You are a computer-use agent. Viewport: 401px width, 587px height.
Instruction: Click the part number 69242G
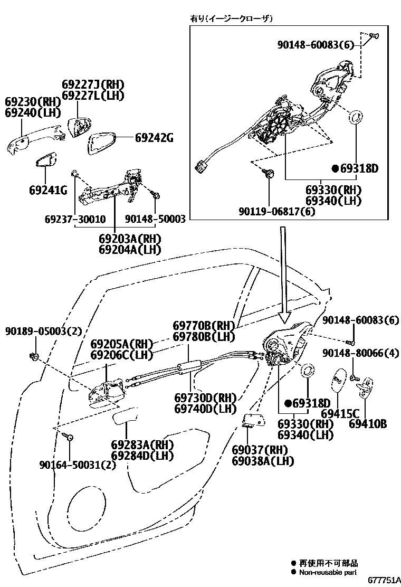[x=154, y=138]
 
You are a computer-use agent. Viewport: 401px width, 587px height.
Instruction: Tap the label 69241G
[x=48, y=190]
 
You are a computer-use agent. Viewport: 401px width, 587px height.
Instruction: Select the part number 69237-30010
[x=75, y=219]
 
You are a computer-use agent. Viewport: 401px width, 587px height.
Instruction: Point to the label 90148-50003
[x=155, y=219]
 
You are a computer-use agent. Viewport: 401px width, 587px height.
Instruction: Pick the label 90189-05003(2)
[x=44, y=332]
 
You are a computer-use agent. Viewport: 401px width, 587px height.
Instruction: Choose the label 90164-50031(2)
[x=77, y=465]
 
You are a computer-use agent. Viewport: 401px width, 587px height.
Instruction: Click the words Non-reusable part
[x=328, y=572]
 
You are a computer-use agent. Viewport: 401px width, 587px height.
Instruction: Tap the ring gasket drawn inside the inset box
[x=357, y=115]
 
